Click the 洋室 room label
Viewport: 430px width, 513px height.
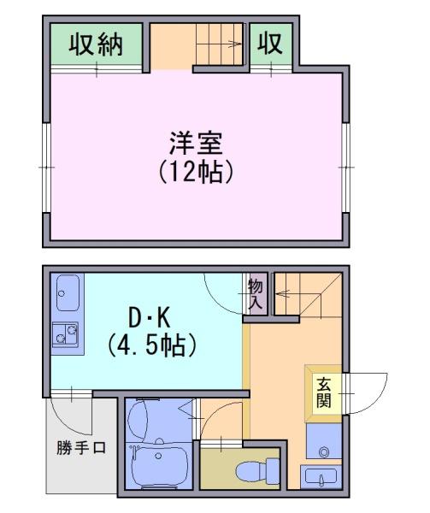coord(196,144)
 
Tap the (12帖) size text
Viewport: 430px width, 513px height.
coord(196,171)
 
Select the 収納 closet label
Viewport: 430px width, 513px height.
coord(96,44)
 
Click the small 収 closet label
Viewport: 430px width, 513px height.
coord(270,44)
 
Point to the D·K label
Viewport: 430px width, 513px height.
coord(150,318)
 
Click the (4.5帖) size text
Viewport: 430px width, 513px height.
coord(152,345)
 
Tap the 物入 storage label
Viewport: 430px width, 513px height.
coord(256,294)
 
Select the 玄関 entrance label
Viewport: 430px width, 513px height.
coord(324,392)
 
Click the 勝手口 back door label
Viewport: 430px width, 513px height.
coord(81,447)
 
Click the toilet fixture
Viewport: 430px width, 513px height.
coord(257,470)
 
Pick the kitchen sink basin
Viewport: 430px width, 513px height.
coord(68,292)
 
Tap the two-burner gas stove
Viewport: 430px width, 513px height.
coord(65,334)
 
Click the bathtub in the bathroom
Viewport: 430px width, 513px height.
coord(161,467)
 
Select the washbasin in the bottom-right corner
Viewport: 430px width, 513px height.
coord(321,477)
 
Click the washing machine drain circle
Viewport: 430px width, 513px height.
coord(324,452)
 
